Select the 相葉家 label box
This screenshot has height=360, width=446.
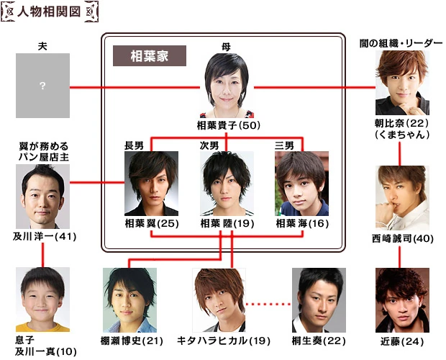click(150, 56)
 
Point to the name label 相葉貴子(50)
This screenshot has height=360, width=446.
click(227, 125)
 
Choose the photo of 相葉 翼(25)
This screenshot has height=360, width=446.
click(151, 182)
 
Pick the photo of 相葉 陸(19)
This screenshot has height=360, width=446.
click(227, 182)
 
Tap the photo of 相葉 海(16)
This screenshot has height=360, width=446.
click(301, 182)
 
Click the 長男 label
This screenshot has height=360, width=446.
click(135, 145)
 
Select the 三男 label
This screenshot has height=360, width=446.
click(284, 145)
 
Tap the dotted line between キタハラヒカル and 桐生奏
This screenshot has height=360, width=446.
click(268, 303)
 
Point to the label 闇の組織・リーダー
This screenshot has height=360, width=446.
click(401, 45)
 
